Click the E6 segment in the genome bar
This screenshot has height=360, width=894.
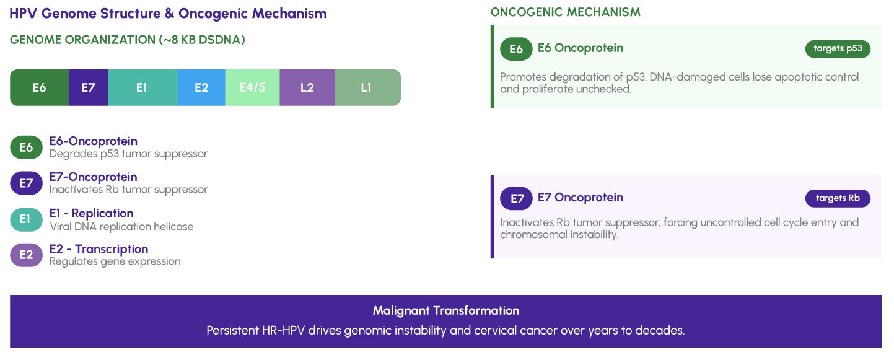point(39,87)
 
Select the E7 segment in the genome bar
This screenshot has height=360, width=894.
point(88,87)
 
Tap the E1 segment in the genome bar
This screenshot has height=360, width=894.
point(142,87)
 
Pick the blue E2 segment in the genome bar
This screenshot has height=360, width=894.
point(201,87)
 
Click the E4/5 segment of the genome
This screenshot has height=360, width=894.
point(252,87)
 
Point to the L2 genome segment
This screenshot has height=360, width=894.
point(307,87)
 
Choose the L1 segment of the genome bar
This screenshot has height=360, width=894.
point(367,87)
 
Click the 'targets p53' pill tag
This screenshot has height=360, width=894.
point(838,49)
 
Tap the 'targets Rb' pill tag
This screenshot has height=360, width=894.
point(838,198)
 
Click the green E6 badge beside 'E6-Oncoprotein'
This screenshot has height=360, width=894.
point(26,147)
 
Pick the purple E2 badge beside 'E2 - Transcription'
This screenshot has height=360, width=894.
point(26,255)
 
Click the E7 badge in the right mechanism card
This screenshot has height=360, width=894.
point(517,198)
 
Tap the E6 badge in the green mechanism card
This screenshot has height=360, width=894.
point(516,49)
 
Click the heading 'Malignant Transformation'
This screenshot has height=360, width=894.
point(445,310)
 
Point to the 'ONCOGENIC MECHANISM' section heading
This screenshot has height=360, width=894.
point(565,12)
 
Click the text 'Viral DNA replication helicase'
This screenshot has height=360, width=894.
point(121,227)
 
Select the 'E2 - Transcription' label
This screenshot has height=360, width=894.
point(99,249)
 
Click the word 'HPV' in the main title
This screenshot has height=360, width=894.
point(23,13)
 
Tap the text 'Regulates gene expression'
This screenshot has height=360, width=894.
point(115,261)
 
